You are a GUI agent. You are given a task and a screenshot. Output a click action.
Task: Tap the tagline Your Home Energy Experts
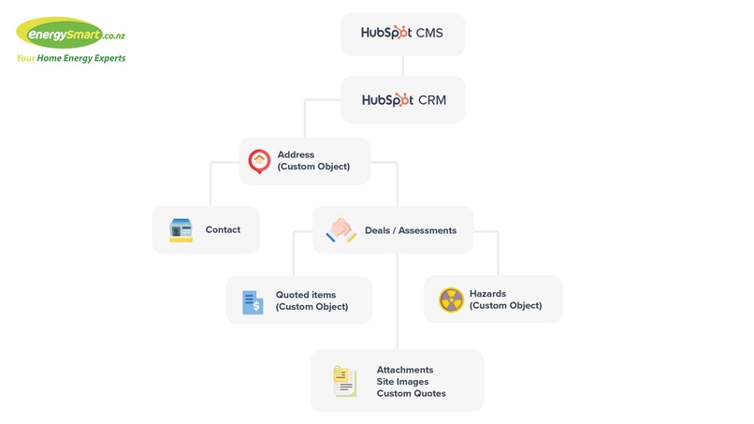pos(70,58)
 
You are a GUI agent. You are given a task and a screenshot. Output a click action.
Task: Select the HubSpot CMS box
pos(402,34)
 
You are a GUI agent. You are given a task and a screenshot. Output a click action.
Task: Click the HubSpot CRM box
pos(402,99)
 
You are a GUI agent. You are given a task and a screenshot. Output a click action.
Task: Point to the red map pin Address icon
pos(259,161)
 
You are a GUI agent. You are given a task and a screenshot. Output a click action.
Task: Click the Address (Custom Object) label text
pos(313,161)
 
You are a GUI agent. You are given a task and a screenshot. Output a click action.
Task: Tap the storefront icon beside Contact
pos(181,230)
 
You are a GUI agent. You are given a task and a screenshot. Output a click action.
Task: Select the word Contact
pos(223,230)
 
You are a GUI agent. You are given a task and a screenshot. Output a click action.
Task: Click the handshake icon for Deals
pos(341,230)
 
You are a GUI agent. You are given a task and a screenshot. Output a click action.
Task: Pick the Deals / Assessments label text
pos(410,230)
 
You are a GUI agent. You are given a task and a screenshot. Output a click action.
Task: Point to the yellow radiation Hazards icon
pos(451,300)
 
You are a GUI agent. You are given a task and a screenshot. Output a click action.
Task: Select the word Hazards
pos(487,294)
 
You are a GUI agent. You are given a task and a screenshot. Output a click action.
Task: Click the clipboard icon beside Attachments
pos(344,381)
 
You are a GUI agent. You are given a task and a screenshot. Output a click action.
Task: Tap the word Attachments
pos(405,370)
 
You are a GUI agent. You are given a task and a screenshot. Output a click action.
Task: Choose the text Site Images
pos(403,382)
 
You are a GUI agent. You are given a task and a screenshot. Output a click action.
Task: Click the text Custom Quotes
pos(411,394)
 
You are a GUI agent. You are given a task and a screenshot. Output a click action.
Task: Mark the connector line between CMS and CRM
pos(402,66)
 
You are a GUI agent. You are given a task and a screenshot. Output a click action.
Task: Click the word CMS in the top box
pos(429,34)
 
